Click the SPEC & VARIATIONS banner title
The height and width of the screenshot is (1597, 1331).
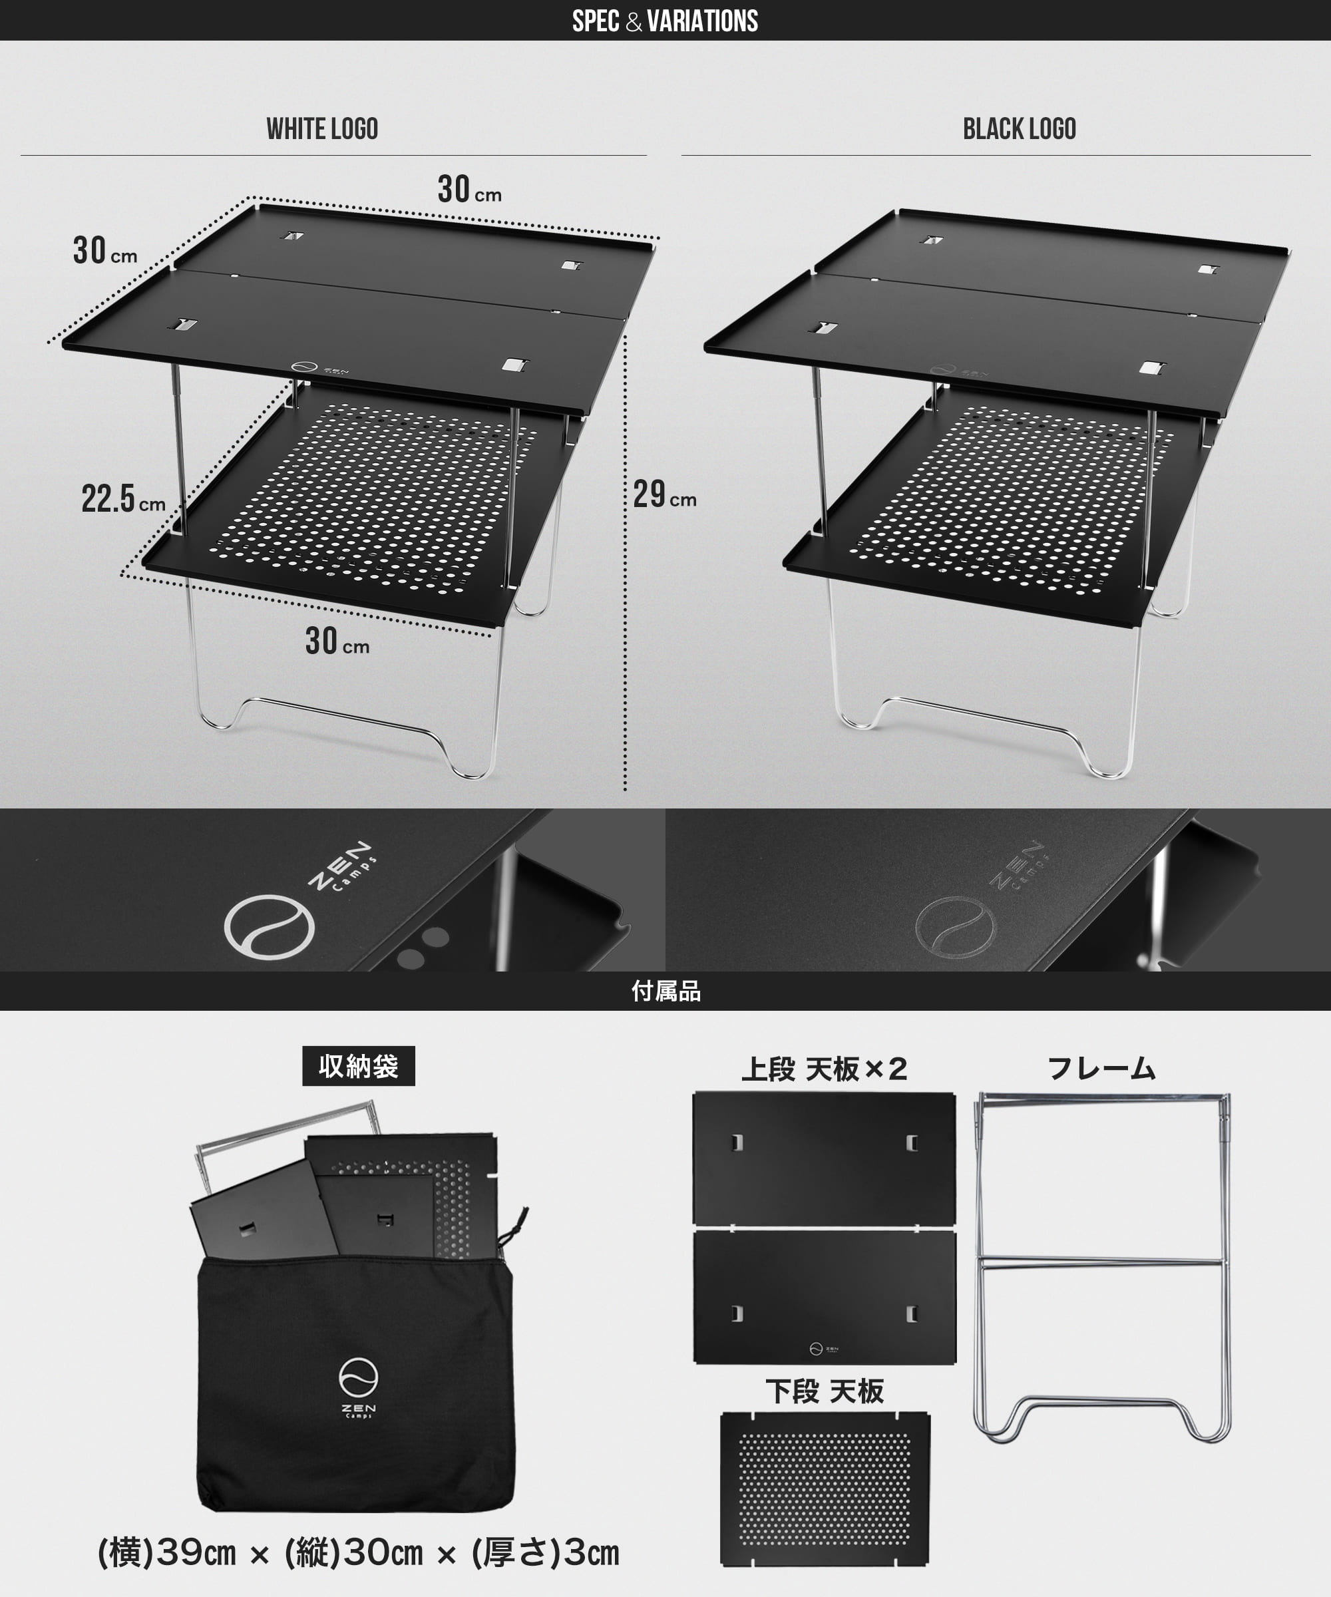pyautogui.click(x=665, y=21)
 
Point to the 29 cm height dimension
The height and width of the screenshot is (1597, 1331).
pyautogui.click(x=664, y=495)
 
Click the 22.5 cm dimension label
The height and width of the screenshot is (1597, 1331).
pyautogui.click(x=123, y=500)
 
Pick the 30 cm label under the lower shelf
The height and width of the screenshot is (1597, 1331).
pyautogui.click(x=337, y=641)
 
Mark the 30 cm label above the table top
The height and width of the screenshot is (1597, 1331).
pyautogui.click(x=469, y=190)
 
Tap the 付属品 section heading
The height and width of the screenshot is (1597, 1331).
pyautogui.click(x=665, y=991)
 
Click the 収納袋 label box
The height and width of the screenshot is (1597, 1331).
pyautogui.click(x=358, y=1066)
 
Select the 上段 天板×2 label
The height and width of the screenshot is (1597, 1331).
pyautogui.click(x=824, y=1069)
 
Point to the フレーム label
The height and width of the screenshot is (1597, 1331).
pyautogui.click(x=1101, y=1069)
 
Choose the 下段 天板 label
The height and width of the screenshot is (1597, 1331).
pyautogui.click(x=825, y=1391)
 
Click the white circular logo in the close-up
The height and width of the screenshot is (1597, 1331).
pyautogui.click(x=270, y=926)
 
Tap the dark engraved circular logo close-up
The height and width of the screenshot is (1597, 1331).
pyautogui.click(x=955, y=927)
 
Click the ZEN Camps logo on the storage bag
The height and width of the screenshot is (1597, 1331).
pyautogui.click(x=358, y=1388)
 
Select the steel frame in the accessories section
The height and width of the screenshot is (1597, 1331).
pyautogui.click(x=1101, y=1266)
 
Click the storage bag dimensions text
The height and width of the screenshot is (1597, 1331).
pyautogui.click(x=358, y=1553)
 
